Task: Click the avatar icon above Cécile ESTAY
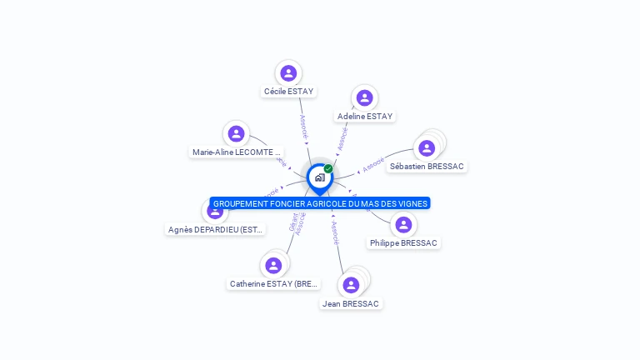coord(288,73)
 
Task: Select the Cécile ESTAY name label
coord(289,92)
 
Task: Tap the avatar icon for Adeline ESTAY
coord(364,98)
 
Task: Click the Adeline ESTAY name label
coord(365,117)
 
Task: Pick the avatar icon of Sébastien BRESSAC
coord(427,148)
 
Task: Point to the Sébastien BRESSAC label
coord(427,167)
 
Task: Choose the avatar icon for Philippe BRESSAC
coord(403,225)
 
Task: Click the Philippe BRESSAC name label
coord(403,243)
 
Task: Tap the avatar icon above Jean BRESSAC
coord(351,285)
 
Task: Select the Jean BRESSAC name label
coord(351,304)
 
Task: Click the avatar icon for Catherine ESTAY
coord(272,266)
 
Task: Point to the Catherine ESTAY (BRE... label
coord(273,284)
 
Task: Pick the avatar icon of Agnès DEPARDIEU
coord(215,212)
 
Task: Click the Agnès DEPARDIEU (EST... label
coord(216,230)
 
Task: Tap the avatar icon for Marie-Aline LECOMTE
coord(237,133)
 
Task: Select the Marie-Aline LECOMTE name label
coord(237,152)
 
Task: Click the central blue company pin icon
coord(319,177)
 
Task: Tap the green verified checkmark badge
coord(328,168)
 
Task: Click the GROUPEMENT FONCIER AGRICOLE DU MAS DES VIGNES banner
coord(320,203)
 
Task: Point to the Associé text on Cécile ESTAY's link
coord(303,125)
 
